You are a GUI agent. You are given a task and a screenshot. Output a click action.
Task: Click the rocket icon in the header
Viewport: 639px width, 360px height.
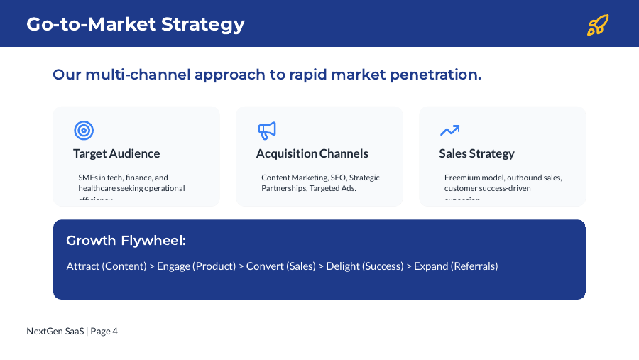coord(598,25)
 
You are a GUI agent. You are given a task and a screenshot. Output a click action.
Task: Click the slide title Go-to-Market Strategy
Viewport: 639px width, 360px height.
coord(136,24)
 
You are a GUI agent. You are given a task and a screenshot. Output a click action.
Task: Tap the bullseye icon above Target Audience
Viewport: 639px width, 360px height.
coord(84,131)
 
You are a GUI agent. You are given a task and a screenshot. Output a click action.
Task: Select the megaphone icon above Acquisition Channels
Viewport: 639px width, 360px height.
coord(266,131)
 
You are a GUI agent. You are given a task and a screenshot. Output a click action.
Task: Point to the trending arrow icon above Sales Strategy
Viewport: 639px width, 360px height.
coord(449,131)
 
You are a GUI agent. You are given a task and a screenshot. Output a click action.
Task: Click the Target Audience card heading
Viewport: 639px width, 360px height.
coord(116,153)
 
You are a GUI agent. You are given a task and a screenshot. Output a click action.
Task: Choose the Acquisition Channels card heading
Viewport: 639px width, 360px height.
coord(312,153)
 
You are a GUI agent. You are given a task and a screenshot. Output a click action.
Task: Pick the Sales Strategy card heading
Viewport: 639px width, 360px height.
coord(476,153)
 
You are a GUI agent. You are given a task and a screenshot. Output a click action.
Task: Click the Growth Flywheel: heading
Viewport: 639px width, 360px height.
coord(126,241)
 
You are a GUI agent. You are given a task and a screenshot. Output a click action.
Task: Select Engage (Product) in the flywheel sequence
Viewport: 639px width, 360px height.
coord(196,266)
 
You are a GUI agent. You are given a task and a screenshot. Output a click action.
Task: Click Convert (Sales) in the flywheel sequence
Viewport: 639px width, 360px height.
coord(281,266)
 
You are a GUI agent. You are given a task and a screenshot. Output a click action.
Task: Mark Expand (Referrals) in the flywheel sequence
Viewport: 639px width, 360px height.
coord(456,266)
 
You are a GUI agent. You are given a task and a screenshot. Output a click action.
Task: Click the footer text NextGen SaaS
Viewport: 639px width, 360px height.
coord(55,331)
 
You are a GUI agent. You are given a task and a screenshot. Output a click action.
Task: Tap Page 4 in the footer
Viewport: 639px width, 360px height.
coord(104,331)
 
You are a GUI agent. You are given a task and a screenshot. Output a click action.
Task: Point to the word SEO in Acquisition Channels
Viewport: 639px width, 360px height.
coord(338,178)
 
